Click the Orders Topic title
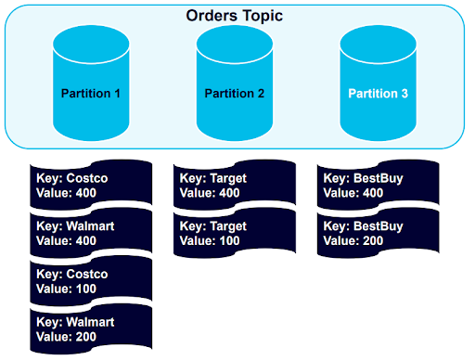pos(234,17)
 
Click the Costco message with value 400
pos(91,185)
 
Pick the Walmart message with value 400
pos(91,232)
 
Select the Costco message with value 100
pos(91,281)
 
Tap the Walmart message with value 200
pos(91,328)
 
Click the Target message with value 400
pos(235,185)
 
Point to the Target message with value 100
pos(235,232)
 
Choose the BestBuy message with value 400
pos(378,185)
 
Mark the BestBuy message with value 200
pos(378,232)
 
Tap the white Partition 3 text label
pos(377,94)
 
